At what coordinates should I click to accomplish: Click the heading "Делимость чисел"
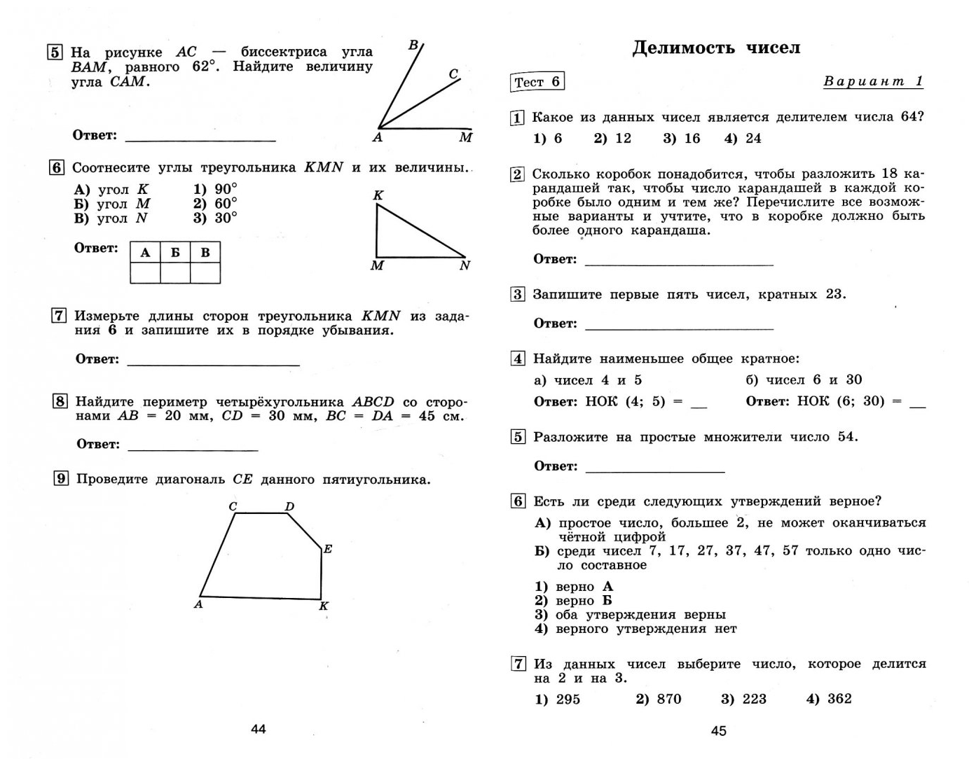(x=715, y=48)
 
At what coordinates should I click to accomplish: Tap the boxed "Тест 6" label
(x=537, y=82)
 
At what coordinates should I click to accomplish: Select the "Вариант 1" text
(x=873, y=81)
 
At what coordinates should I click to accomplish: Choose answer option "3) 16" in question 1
(x=681, y=139)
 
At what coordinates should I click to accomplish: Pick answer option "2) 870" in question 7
(x=658, y=699)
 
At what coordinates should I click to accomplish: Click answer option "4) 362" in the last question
(x=829, y=699)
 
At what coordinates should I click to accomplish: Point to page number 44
(x=259, y=729)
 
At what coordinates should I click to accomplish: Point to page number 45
(x=719, y=730)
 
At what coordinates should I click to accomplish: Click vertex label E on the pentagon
(x=328, y=549)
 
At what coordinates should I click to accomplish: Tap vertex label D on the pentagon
(x=289, y=506)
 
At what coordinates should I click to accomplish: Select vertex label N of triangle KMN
(x=465, y=265)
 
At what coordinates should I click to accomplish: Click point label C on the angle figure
(x=453, y=74)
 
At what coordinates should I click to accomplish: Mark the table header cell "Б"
(x=175, y=253)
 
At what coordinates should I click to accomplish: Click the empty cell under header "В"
(x=205, y=273)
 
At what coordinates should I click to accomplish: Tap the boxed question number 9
(x=61, y=479)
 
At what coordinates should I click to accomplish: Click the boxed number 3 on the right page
(x=518, y=294)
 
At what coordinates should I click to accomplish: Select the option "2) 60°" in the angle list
(x=215, y=204)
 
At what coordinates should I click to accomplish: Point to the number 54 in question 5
(x=846, y=437)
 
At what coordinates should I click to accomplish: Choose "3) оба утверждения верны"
(x=630, y=615)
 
